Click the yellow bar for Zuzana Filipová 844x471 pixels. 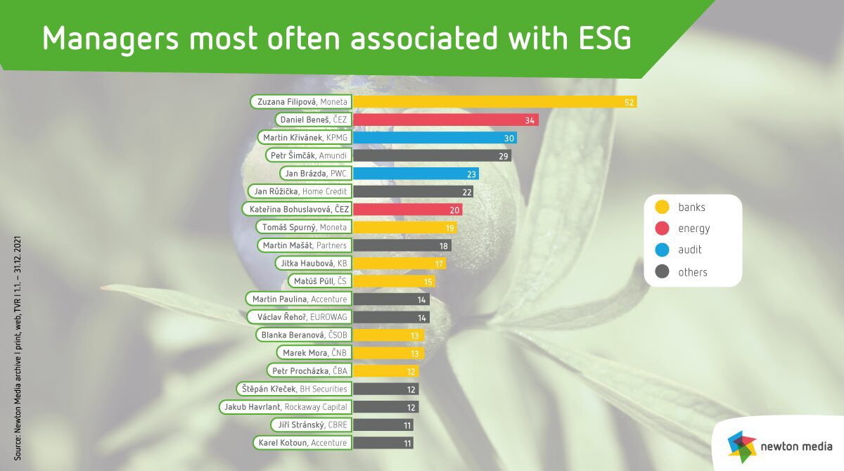pyautogui.click(x=492, y=102)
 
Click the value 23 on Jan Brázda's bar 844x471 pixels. pyautogui.click(x=473, y=174)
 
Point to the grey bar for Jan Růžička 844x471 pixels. pyautogui.click(x=412, y=191)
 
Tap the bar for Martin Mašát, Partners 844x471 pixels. pyautogui.click(x=401, y=245)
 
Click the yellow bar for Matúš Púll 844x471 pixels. pyautogui.click(x=392, y=281)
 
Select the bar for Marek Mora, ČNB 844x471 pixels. pyautogui.click(x=388, y=353)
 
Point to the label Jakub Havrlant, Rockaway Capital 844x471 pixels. pyautogui.click(x=285, y=407)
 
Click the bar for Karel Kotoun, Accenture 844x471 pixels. pyautogui.click(x=382, y=443)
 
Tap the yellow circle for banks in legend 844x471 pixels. pyautogui.click(x=661, y=207)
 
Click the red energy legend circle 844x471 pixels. pyautogui.click(x=661, y=228)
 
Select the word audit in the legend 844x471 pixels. pyautogui.click(x=690, y=250)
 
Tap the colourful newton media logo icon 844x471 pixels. pyautogui.click(x=741, y=444)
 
